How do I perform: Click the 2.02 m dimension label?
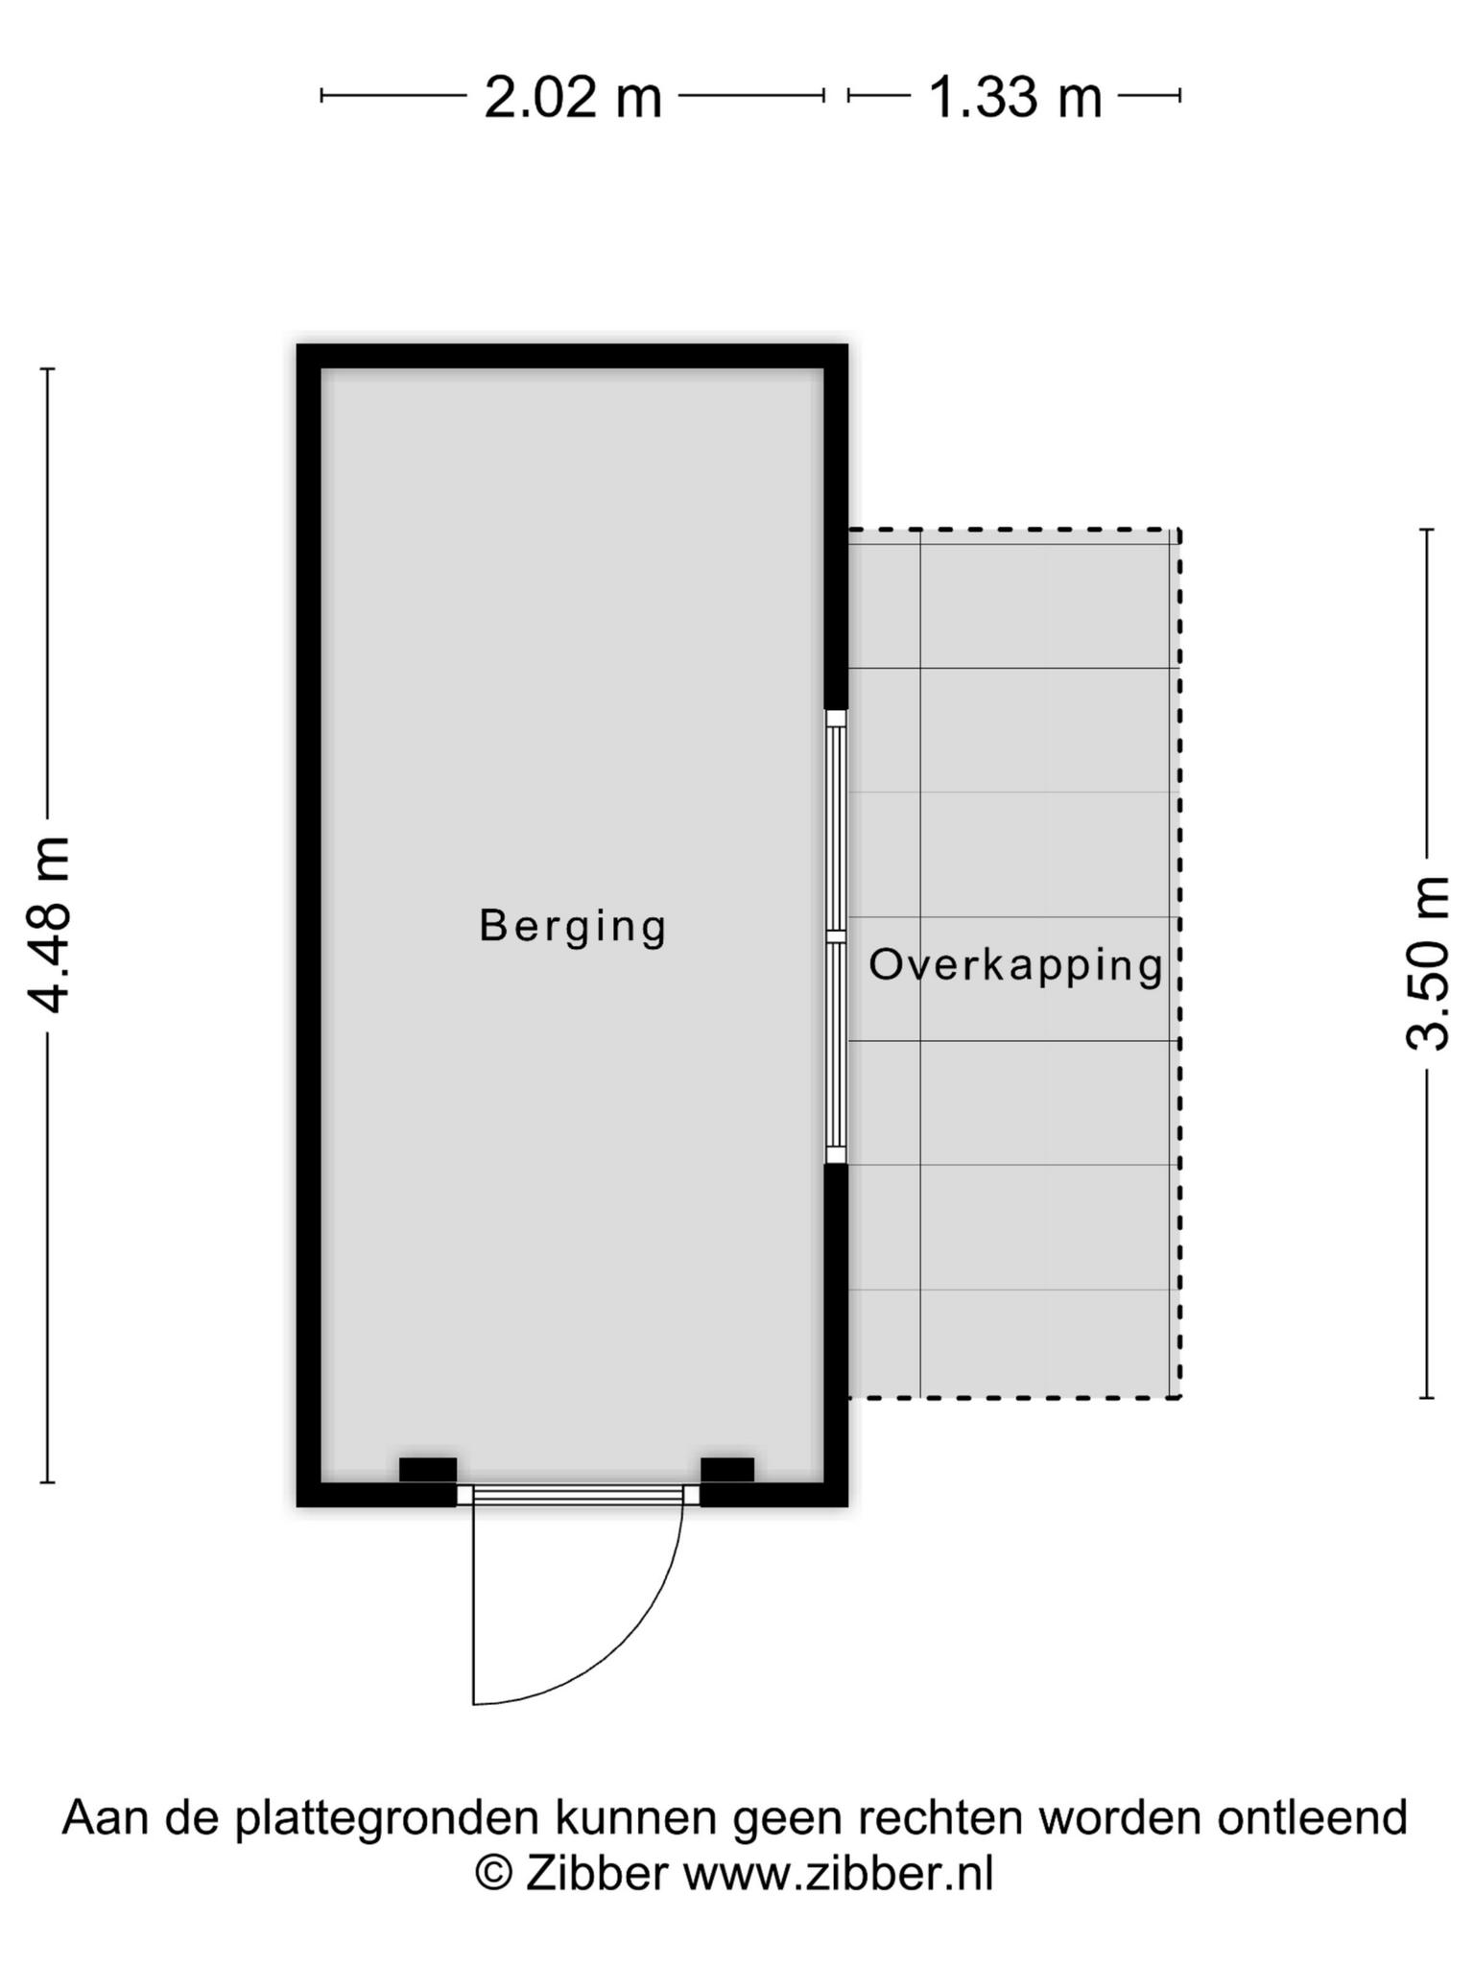(x=573, y=98)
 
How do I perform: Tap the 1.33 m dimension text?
(x=1015, y=98)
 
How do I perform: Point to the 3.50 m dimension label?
(x=1427, y=963)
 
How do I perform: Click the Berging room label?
(x=573, y=927)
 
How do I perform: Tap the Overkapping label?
(x=1016, y=965)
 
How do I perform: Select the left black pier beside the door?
(x=428, y=1469)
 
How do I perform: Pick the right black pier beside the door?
(x=727, y=1469)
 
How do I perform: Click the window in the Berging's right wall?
(x=836, y=936)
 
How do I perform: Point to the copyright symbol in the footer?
(x=494, y=1873)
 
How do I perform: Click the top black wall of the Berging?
(x=572, y=356)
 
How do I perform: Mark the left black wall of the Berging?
(x=309, y=925)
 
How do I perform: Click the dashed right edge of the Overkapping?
(x=1179, y=963)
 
